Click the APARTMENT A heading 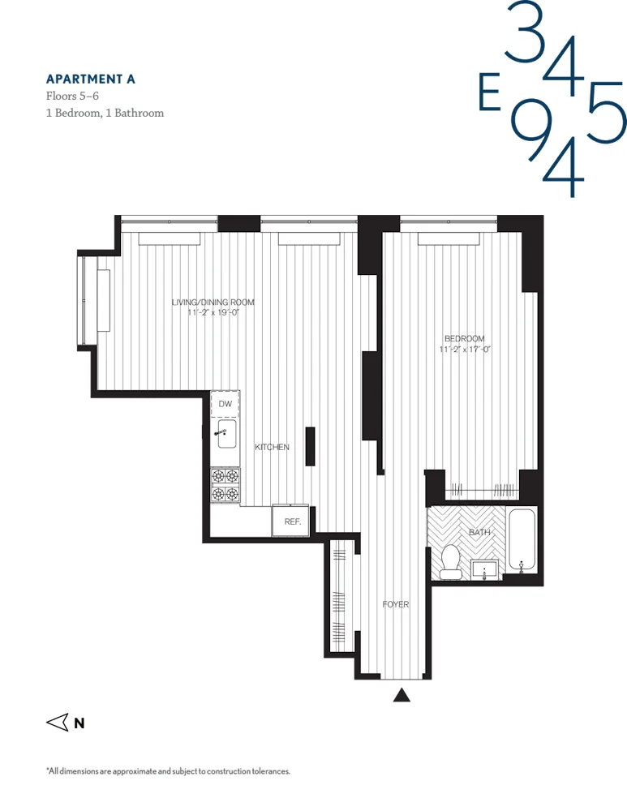pos(90,79)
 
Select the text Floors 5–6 pos(74,96)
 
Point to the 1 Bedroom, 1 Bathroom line pos(105,113)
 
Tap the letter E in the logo pos(488,93)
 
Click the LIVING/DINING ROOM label pos(213,303)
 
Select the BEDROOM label pos(464,338)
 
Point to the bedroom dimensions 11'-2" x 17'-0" pos(466,350)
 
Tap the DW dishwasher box pos(225,404)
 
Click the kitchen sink pos(225,434)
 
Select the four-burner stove pos(225,485)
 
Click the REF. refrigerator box pos(291,521)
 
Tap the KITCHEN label pos(272,448)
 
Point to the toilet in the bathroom pos(451,562)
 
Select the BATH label pos(479,532)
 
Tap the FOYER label pos(396,604)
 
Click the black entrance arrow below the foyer pos(402,694)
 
